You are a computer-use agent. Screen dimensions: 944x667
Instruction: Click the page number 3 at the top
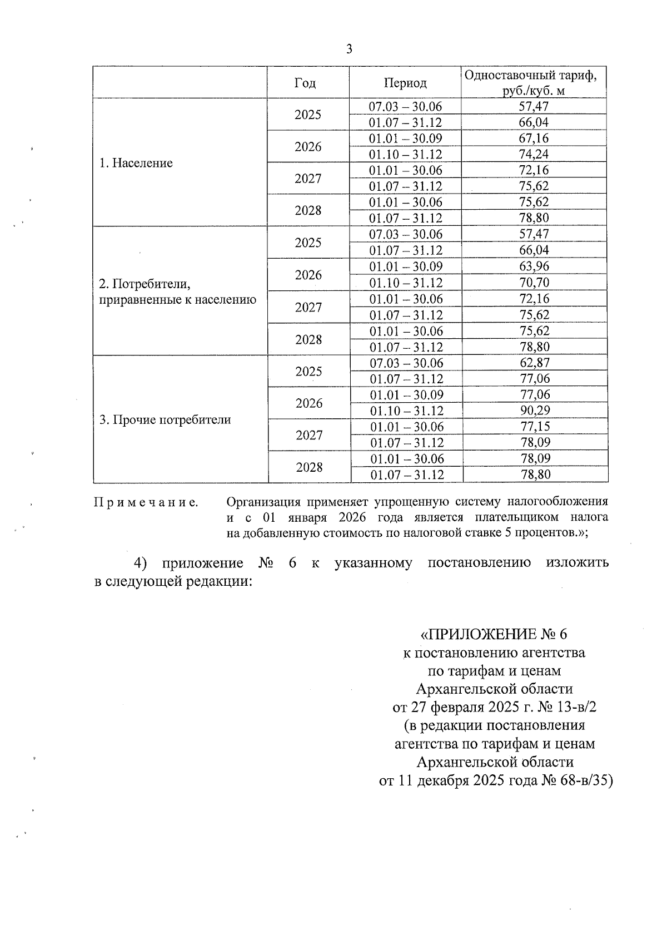[349, 50]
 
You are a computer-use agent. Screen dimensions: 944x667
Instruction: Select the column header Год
[305, 83]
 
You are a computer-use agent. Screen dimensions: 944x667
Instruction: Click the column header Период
[405, 83]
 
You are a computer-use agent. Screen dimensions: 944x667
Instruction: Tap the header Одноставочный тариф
[534, 75]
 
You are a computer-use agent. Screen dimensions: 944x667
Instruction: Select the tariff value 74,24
[534, 154]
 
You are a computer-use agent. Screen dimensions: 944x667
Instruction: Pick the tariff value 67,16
[534, 138]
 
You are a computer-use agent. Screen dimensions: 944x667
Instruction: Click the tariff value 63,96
[534, 266]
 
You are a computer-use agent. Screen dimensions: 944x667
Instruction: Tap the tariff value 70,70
[534, 283]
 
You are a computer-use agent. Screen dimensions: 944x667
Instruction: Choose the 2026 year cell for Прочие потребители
[309, 403]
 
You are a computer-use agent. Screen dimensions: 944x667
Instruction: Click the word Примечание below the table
[146, 502]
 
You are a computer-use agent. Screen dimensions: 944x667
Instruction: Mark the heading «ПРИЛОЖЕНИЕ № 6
[494, 634]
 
